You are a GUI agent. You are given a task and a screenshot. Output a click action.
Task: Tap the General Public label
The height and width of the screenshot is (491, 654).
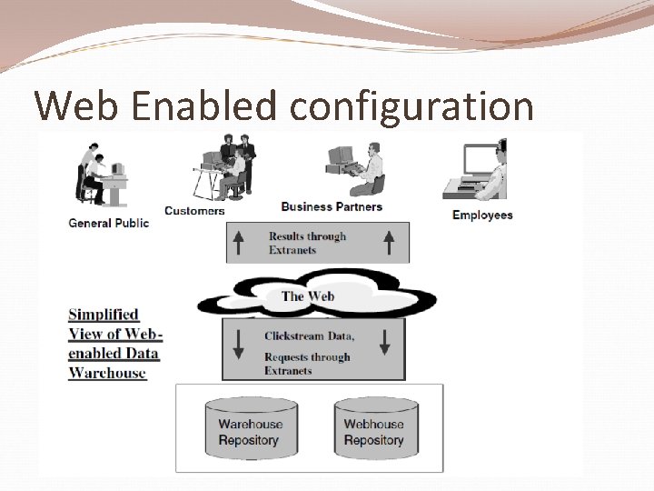point(109,223)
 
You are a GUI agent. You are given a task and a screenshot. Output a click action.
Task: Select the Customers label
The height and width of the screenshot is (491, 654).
point(194,211)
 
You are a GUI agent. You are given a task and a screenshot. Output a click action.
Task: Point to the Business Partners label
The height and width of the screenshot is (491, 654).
point(332,207)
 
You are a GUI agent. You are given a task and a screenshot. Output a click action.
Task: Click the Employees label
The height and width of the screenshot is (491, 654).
point(482,215)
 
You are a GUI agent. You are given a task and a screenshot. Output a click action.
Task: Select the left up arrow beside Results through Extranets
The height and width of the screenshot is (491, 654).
point(239,242)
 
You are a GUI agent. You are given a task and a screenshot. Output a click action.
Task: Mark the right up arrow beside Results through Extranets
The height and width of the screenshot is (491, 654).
point(389,242)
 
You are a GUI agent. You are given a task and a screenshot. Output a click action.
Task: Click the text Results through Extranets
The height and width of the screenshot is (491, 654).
point(307,243)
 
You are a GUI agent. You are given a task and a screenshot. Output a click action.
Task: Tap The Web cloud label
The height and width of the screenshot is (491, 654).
point(308,296)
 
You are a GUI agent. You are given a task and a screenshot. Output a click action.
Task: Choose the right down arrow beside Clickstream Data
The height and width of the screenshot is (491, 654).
point(385,342)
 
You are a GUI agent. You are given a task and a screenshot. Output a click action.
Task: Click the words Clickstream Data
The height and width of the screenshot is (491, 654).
point(309,336)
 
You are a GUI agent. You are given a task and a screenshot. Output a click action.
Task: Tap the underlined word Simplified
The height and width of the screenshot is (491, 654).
point(103,315)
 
